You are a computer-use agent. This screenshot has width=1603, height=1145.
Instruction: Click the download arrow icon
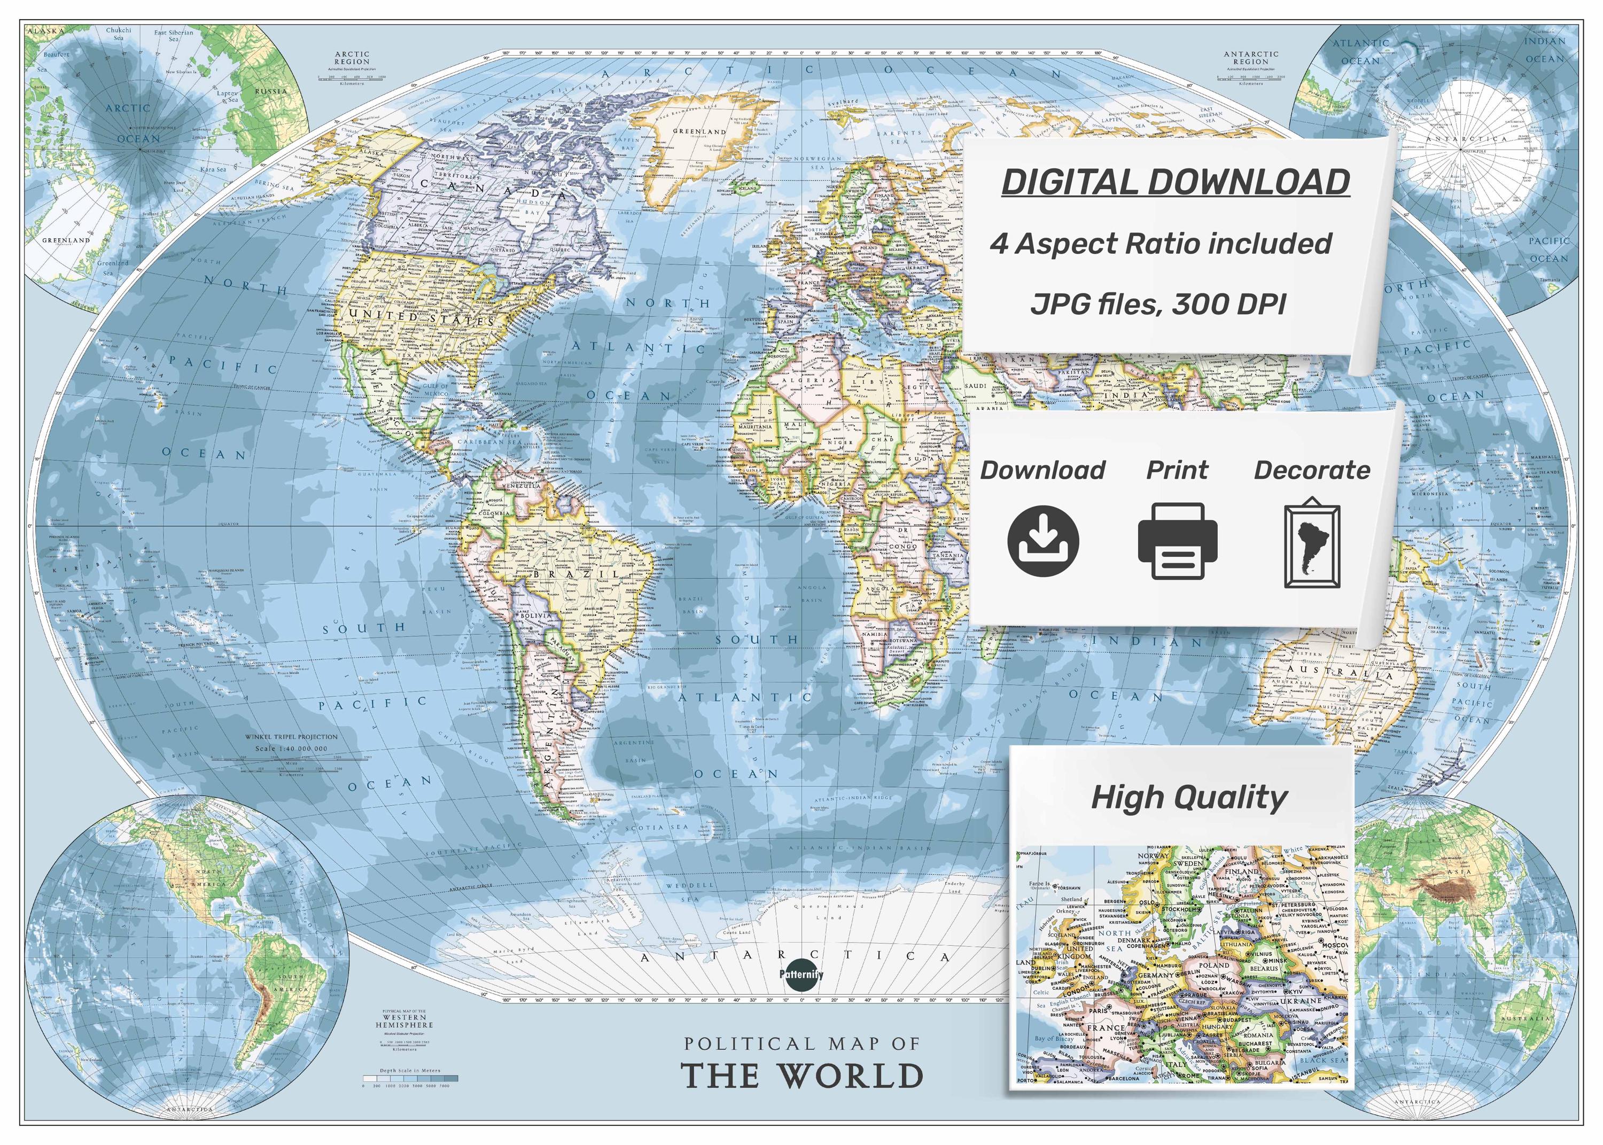point(1044,541)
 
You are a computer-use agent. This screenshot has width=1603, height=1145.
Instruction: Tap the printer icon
point(1177,541)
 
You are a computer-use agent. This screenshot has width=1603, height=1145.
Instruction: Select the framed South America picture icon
point(1312,544)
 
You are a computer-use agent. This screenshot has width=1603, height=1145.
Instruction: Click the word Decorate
point(1312,470)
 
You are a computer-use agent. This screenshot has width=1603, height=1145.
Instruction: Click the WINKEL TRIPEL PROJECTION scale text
point(291,737)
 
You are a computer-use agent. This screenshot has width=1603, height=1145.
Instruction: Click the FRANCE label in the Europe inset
point(1106,1028)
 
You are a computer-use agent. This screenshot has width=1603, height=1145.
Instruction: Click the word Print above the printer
point(1177,470)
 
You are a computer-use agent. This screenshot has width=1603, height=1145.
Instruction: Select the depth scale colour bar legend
point(409,1078)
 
